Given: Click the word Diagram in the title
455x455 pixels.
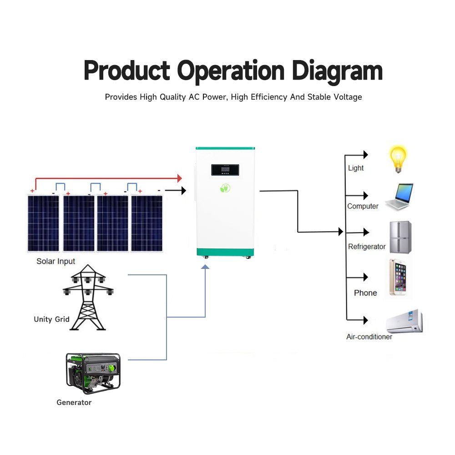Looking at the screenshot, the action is [x=337, y=71].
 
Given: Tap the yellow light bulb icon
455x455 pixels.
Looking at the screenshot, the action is [x=398, y=159].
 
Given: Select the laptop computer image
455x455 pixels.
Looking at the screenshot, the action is [x=399, y=196].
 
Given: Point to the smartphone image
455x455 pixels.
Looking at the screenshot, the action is [x=398, y=277].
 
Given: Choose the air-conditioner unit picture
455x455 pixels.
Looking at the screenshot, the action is [x=404, y=321].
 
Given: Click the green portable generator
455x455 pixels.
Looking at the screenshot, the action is [x=93, y=373].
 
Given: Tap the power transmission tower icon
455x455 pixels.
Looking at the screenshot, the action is [x=88, y=297].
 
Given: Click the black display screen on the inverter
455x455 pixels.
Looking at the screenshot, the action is [x=225, y=170].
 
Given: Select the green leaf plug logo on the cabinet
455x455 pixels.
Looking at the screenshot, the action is [x=225, y=188].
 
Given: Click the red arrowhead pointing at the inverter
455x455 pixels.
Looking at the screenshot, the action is [x=180, y=178].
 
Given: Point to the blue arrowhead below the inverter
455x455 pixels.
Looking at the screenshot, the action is [x=205, y=267].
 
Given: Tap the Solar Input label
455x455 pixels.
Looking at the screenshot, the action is [x=56, y=262].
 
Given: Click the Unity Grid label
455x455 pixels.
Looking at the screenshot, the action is [x=52, y=319].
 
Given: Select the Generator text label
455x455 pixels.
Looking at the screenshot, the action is [x=74, y=403].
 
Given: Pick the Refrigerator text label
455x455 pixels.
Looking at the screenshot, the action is [x=367, y=247].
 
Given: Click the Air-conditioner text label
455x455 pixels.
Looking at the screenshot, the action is [x=369, y=337].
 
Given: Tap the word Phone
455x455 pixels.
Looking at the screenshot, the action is [x=365, y=293].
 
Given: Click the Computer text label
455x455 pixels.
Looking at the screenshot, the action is [x=363, y=206].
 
